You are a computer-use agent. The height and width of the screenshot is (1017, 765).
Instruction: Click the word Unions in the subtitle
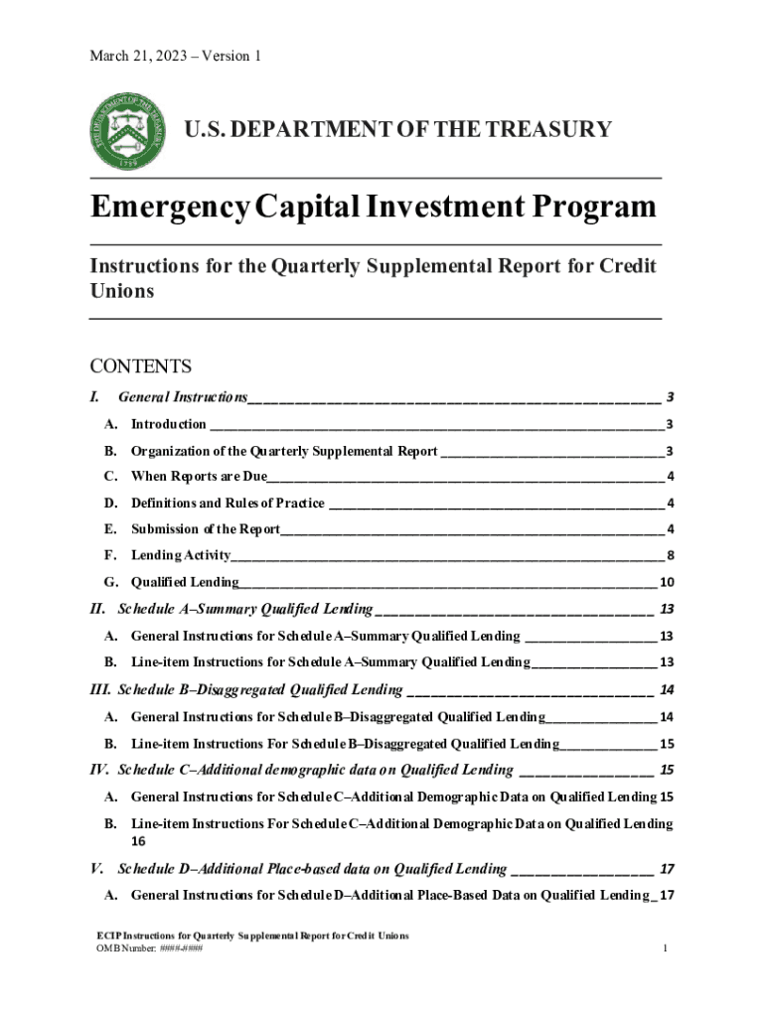pos(122,291)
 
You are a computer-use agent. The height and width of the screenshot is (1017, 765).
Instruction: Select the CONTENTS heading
pos(140,367)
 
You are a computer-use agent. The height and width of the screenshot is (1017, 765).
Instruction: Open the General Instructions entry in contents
pos(182,397)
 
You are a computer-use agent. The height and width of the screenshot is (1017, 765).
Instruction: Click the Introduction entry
pos(169,425)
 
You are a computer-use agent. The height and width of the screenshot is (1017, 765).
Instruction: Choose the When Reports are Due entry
pos(199,476)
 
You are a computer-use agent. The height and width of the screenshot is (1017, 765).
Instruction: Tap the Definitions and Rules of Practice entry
pos(228,503)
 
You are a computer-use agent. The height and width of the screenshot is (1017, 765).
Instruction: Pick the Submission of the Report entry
pos(206,528)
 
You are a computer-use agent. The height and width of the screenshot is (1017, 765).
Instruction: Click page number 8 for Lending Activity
pos(672,555)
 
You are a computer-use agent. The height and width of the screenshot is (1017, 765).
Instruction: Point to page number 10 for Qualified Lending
pos(668,582)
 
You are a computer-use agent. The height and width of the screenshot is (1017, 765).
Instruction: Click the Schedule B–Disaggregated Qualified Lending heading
pos(259,689)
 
